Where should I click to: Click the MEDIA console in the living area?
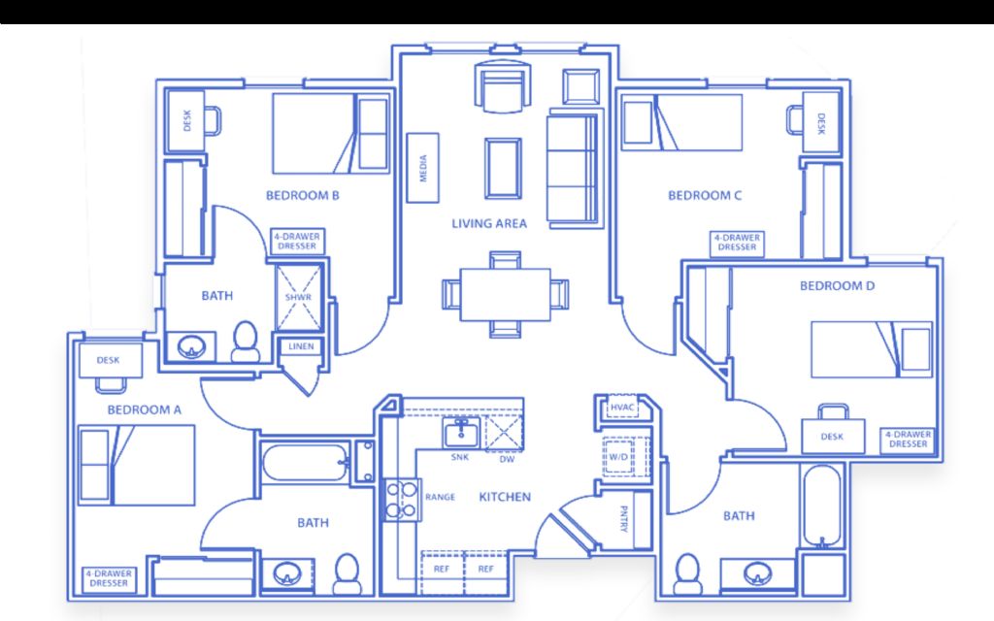click(422, 168)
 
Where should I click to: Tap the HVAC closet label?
click(622, 408)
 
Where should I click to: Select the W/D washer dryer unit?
click(618, 456)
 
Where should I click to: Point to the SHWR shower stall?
click(299, 297)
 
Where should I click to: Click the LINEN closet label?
click(301, 346)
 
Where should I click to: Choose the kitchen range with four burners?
click(402, 500)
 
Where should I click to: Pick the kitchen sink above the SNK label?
click(462, 434)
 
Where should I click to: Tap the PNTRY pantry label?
click(624, 518)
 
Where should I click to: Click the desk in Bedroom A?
click(111, 360)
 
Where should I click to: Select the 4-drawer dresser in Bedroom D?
click(908, 440)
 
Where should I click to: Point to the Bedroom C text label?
click(705, 195)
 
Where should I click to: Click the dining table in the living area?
click(505, 295)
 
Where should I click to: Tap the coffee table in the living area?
click(504, 168)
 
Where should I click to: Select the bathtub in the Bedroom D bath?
click(822, 506)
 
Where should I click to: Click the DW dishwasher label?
click(507, 459)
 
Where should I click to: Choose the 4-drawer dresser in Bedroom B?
click(297, 242)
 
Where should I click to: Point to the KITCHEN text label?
click(505, 497)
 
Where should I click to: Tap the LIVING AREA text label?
click(489, 223)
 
